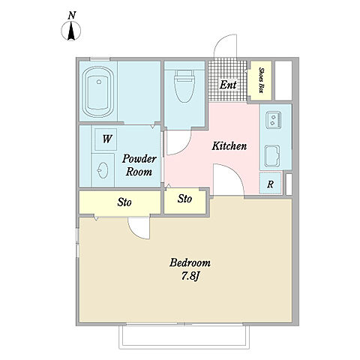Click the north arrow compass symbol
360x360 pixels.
click(71, 31)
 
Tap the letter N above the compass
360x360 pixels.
click(72, 16)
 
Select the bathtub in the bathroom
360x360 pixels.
click(98, 91)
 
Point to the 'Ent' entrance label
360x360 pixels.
click(228, 85)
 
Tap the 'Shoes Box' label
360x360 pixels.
click(261, 80)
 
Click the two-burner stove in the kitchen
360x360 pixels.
click(274, 120)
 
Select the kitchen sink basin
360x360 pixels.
click(272, 156)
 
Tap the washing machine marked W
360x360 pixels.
click(106, 139)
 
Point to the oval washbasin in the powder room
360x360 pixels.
click(103, 170)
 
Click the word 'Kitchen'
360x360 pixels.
click(229, 146)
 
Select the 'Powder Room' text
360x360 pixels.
click(139, 165)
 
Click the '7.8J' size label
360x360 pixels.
click(190, 276)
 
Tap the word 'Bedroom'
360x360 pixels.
click(190, 263)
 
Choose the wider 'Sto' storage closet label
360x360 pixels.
click(124, 202)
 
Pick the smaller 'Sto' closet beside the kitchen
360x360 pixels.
click(184, 199)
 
